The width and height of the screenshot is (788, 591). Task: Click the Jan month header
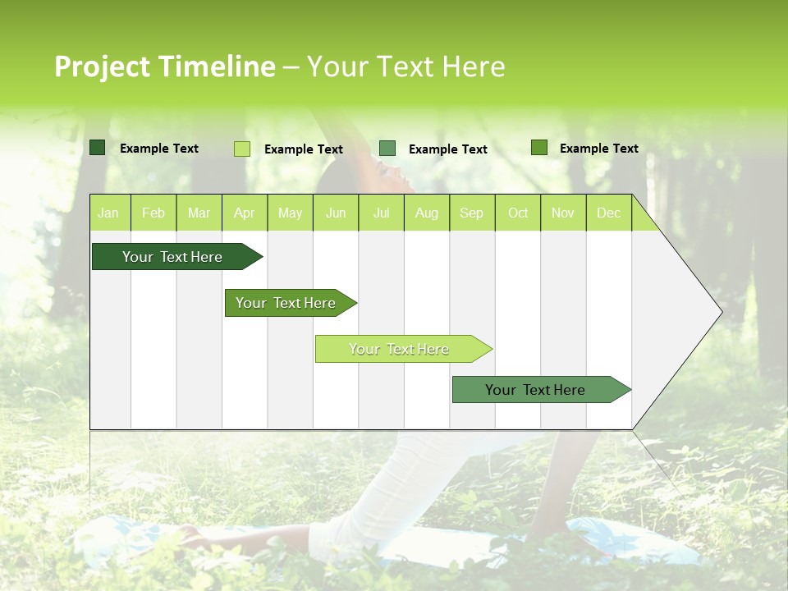(108, 213)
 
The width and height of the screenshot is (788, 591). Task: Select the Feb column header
(153, 213)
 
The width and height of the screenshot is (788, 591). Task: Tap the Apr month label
(244, 213)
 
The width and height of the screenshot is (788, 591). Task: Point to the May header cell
(290, 213)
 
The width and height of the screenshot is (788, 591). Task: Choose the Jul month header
(381, 213)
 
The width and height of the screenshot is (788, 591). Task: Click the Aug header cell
(427, 213)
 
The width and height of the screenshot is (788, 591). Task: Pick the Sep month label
(471, 213)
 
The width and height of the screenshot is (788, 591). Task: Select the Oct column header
(518, 213)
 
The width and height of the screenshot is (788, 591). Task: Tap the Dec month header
(608, 213)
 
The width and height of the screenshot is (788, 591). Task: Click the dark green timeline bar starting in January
(172, 257)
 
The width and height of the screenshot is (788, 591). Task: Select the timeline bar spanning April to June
(286, 303)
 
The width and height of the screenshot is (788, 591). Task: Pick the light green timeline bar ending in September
(399, 349)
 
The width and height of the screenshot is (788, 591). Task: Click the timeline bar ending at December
(535, 390)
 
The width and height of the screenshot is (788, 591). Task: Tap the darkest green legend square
(98, 148)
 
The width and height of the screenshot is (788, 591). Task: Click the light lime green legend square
(242, 149)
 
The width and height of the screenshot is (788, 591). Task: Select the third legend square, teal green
(387, 149)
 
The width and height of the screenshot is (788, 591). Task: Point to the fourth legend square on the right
(539, 148)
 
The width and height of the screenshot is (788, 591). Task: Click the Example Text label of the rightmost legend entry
(598, 149)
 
